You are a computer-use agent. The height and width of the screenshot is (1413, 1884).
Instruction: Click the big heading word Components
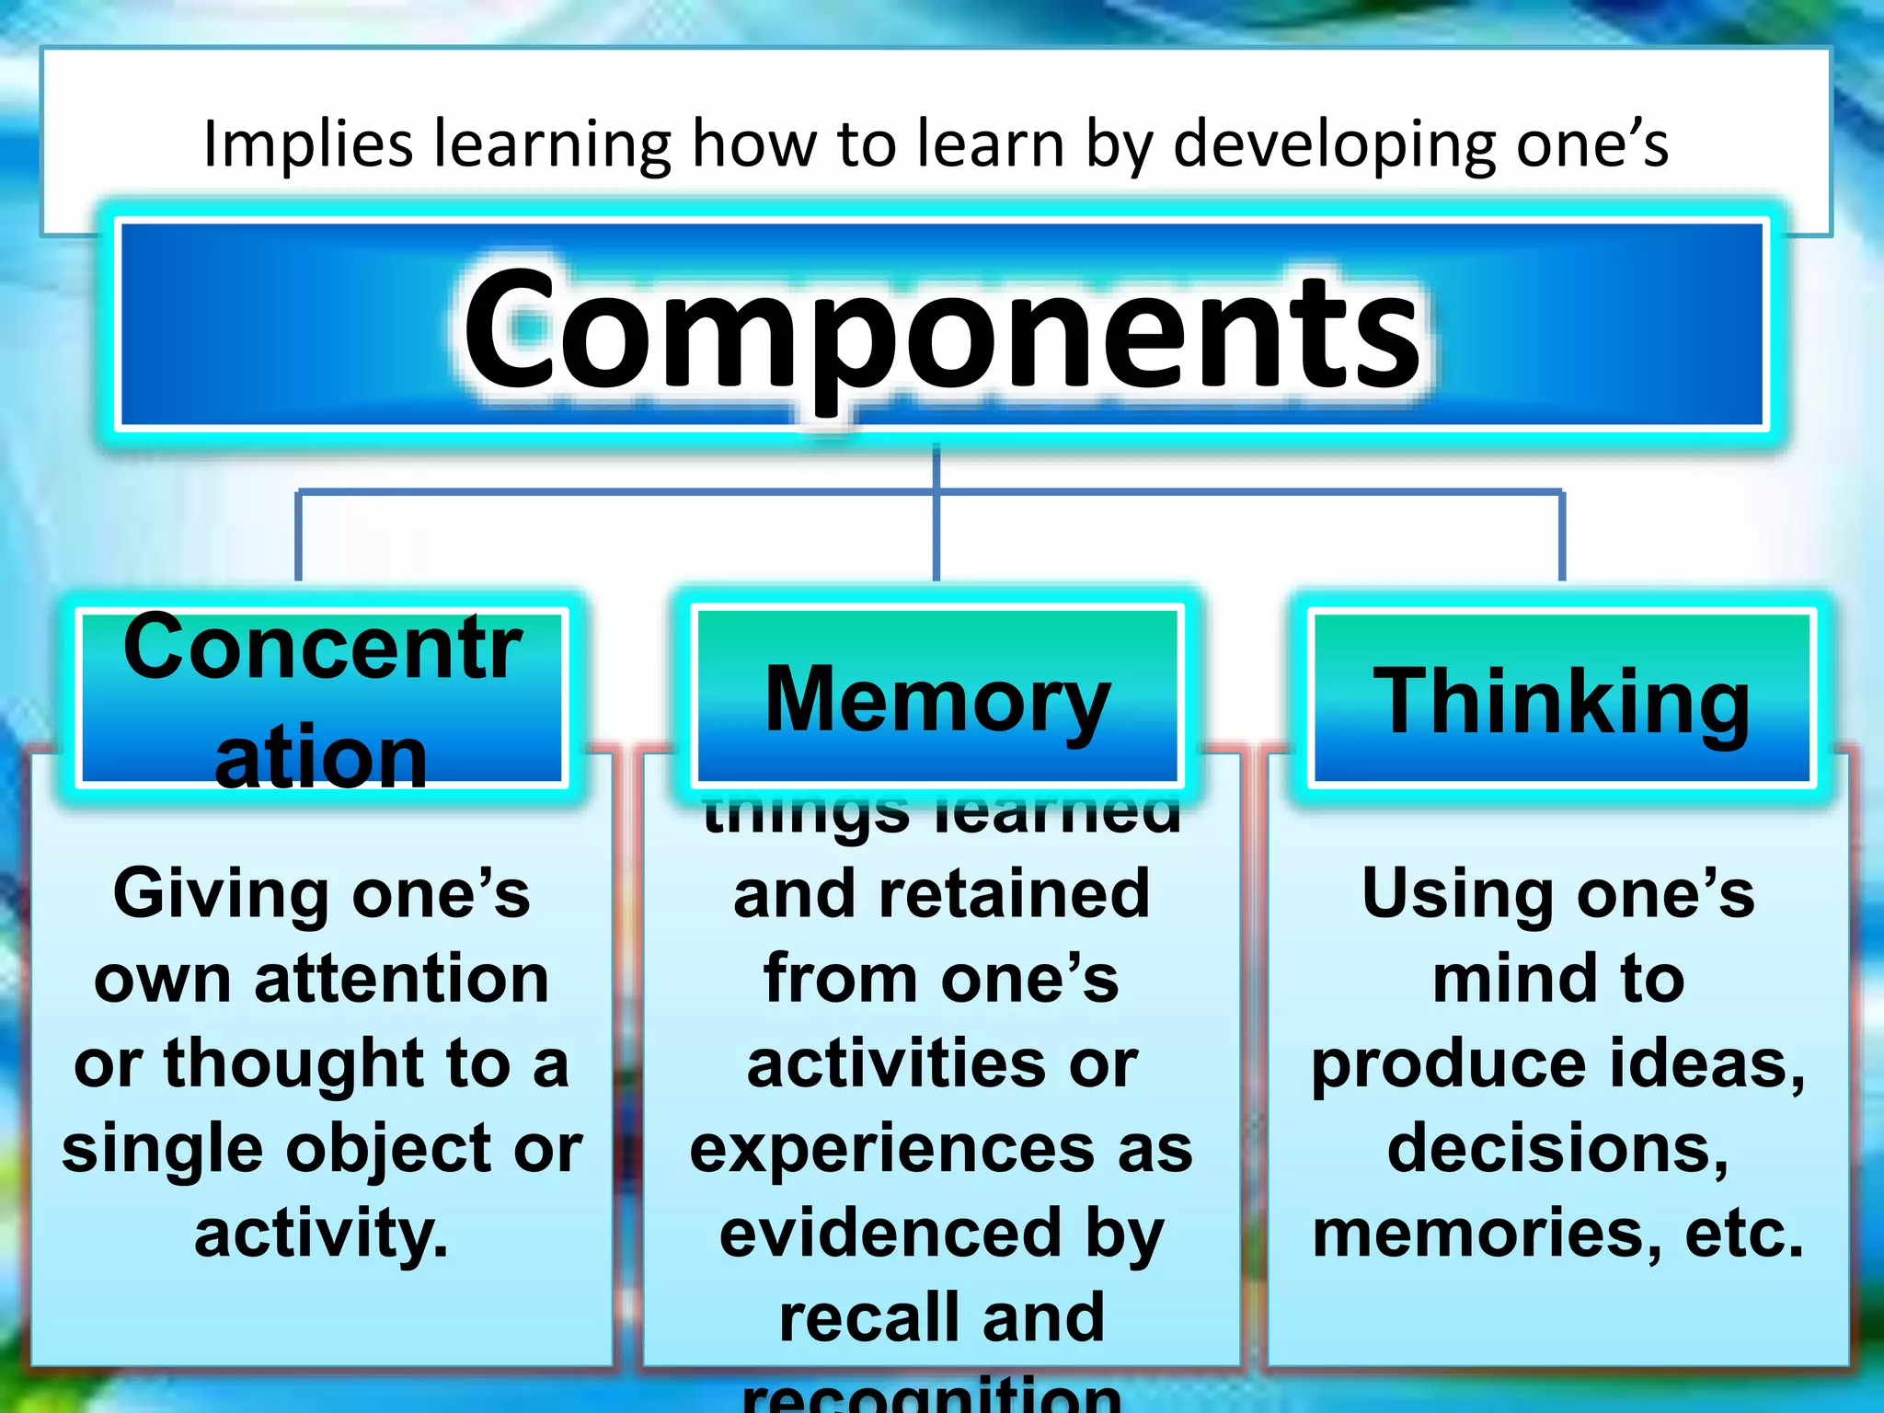pos(942,331)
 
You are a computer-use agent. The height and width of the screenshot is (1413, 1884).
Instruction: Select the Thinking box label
pos(1561,703)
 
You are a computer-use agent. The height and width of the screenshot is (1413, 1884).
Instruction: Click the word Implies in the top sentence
pos(307,144)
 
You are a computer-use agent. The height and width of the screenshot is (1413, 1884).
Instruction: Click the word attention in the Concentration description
pos(402,979)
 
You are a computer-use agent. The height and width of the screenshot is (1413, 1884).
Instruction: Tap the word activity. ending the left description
pos(321,1234)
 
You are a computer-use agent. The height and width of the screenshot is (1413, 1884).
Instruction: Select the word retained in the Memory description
pos(1014,894)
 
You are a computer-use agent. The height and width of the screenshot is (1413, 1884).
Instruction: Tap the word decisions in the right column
pos(1557,1149)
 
